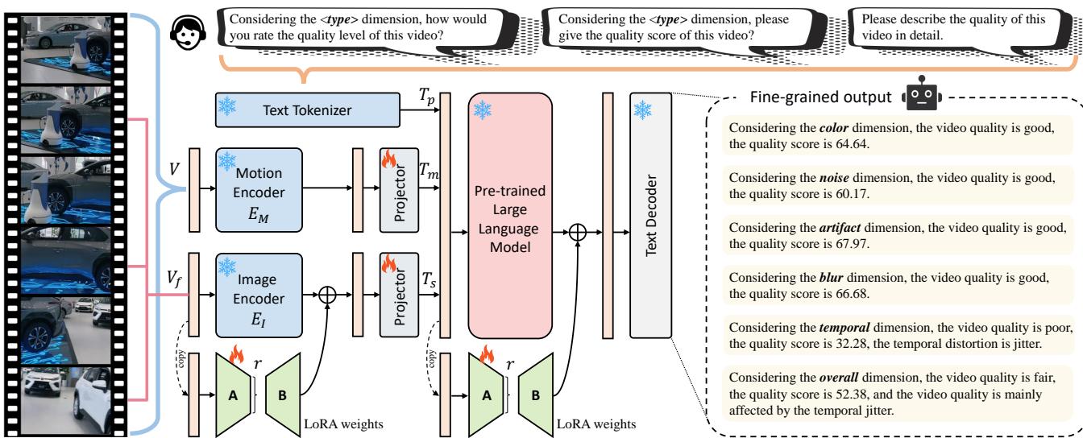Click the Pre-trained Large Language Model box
(508, 215)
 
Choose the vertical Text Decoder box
(650, 215)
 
